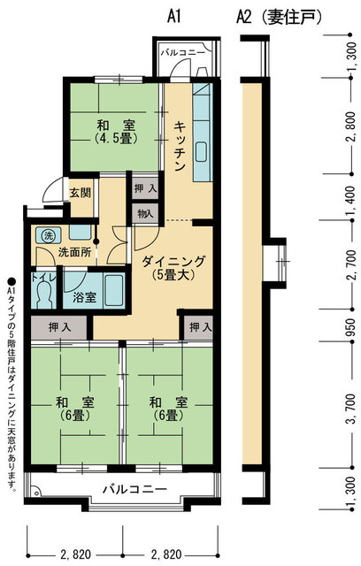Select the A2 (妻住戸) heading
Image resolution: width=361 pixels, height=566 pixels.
click(x=278, y=16)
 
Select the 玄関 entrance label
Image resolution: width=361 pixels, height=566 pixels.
click(x=80, y=192)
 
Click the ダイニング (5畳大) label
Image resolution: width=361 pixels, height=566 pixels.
click(x=173, y=267)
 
